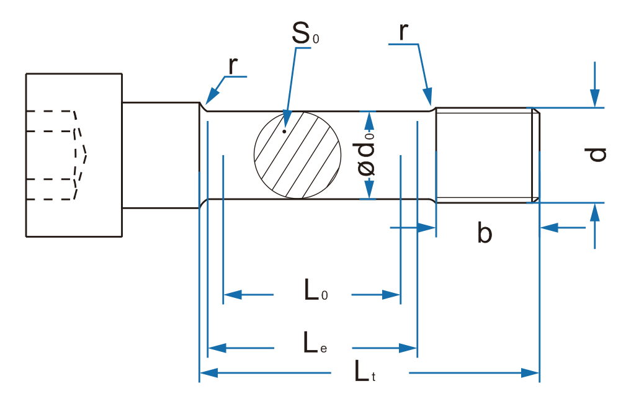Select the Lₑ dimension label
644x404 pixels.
pyautogui.click(x=314, y=343)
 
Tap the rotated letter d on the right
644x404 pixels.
pyautogui.click(x=597, y=154)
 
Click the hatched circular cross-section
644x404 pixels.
pyautogui.click(x=297, y=155)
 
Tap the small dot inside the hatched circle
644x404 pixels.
pyautogui.click(x=284, y=131)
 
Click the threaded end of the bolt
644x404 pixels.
pyautogui.click(x=486, y=155)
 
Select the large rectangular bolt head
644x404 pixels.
pyautogui.click(x=73, y=155)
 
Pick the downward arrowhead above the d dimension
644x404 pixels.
pyautogui.click(x=595, y=99)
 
